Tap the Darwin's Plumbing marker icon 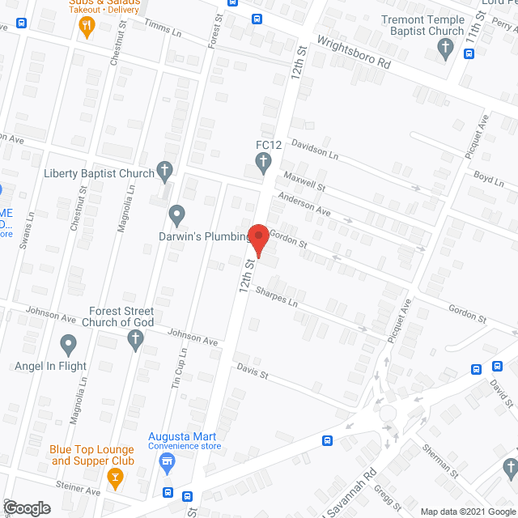click(177, 215)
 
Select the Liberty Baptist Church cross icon click(165, 171)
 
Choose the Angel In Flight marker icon click(68, 346)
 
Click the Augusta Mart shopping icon click(168, 465)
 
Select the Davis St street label click(253, 373)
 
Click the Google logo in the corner click(26, 508)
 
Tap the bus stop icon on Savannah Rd click(327, 441)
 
